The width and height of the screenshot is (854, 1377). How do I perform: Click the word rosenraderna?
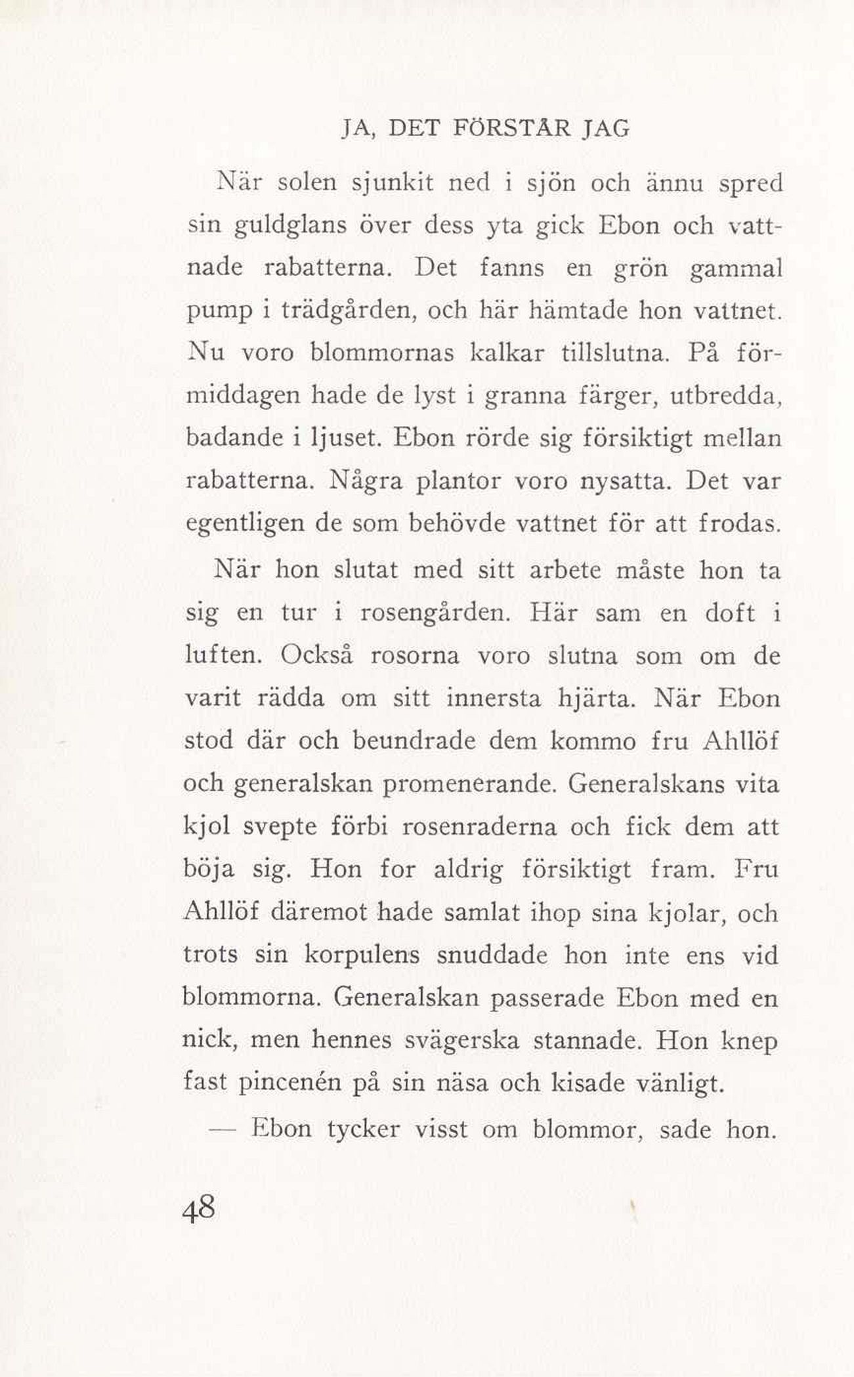click(x=479, y=827)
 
